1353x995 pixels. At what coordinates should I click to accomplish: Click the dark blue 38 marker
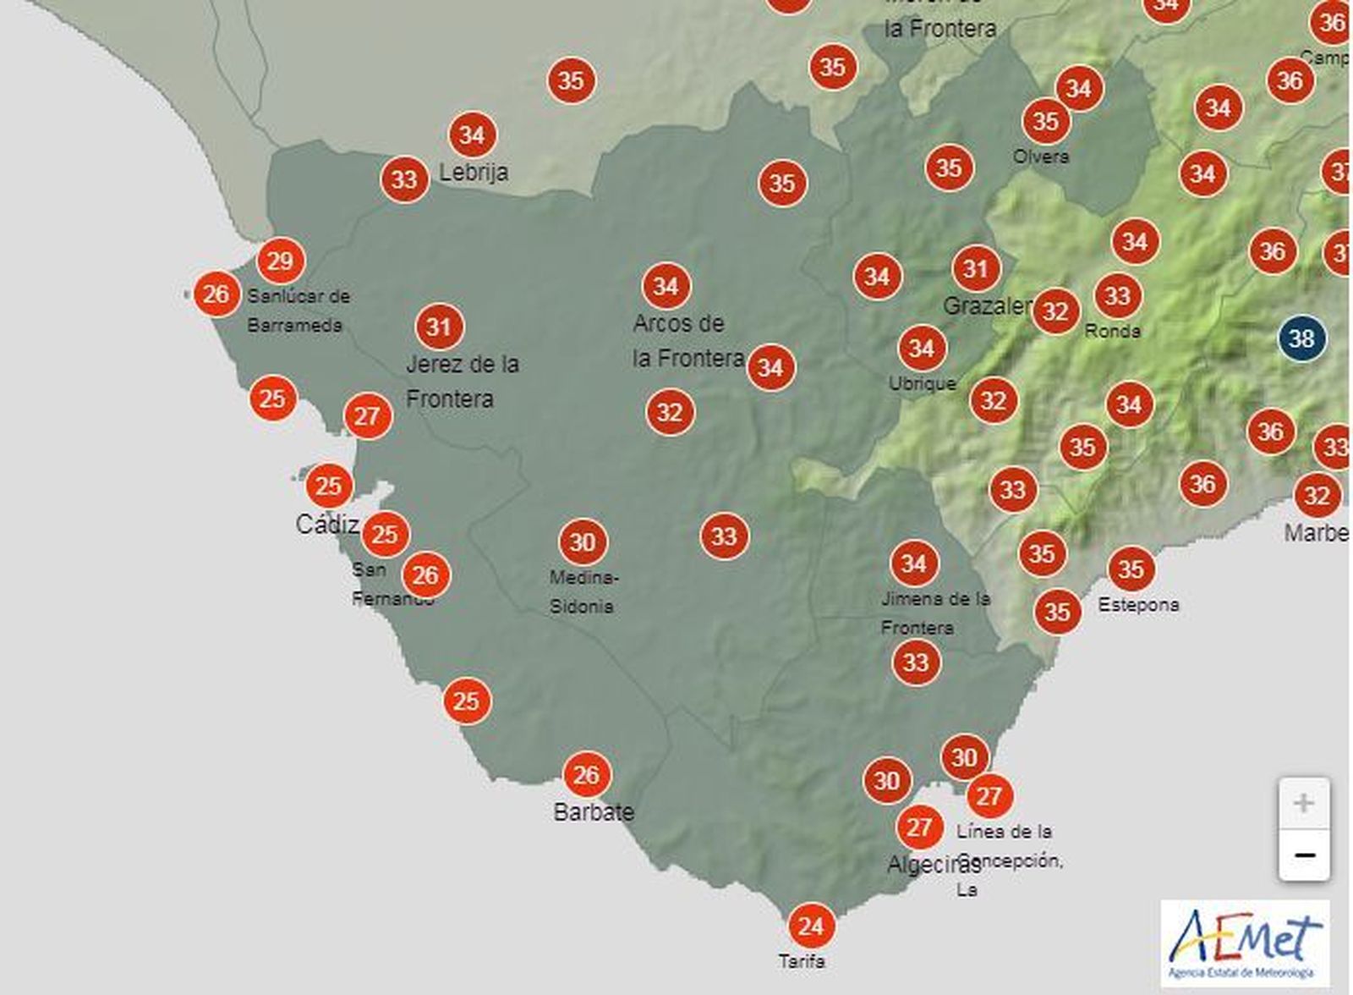pos(1301,338)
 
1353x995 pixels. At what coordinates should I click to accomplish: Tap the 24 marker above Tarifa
pos(810,926)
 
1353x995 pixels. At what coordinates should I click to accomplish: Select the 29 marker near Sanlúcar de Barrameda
pos(280,261)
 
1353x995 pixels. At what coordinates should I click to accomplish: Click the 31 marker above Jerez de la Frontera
pos(439,326)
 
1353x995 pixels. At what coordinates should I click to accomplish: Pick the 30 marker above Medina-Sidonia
pos(583,541)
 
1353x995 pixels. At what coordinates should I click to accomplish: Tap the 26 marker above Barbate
pos(586,774)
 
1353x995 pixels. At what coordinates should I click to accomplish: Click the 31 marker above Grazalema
pos(976,269)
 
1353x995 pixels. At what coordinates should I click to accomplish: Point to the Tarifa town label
pos(802,961)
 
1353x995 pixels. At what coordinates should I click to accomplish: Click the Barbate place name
pos(593,812)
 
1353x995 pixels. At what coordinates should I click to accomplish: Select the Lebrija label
pos(474,173)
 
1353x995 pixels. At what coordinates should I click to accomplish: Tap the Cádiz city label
pos(327,525)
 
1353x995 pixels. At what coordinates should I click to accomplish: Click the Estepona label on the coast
pos(1138,605)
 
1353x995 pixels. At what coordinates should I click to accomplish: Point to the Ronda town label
pos(1112,331)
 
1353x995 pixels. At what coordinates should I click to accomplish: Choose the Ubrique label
pos(922,384)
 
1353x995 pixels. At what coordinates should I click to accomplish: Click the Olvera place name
pos(1041,157)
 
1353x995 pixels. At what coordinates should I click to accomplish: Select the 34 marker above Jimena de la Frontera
pos(913,563)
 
